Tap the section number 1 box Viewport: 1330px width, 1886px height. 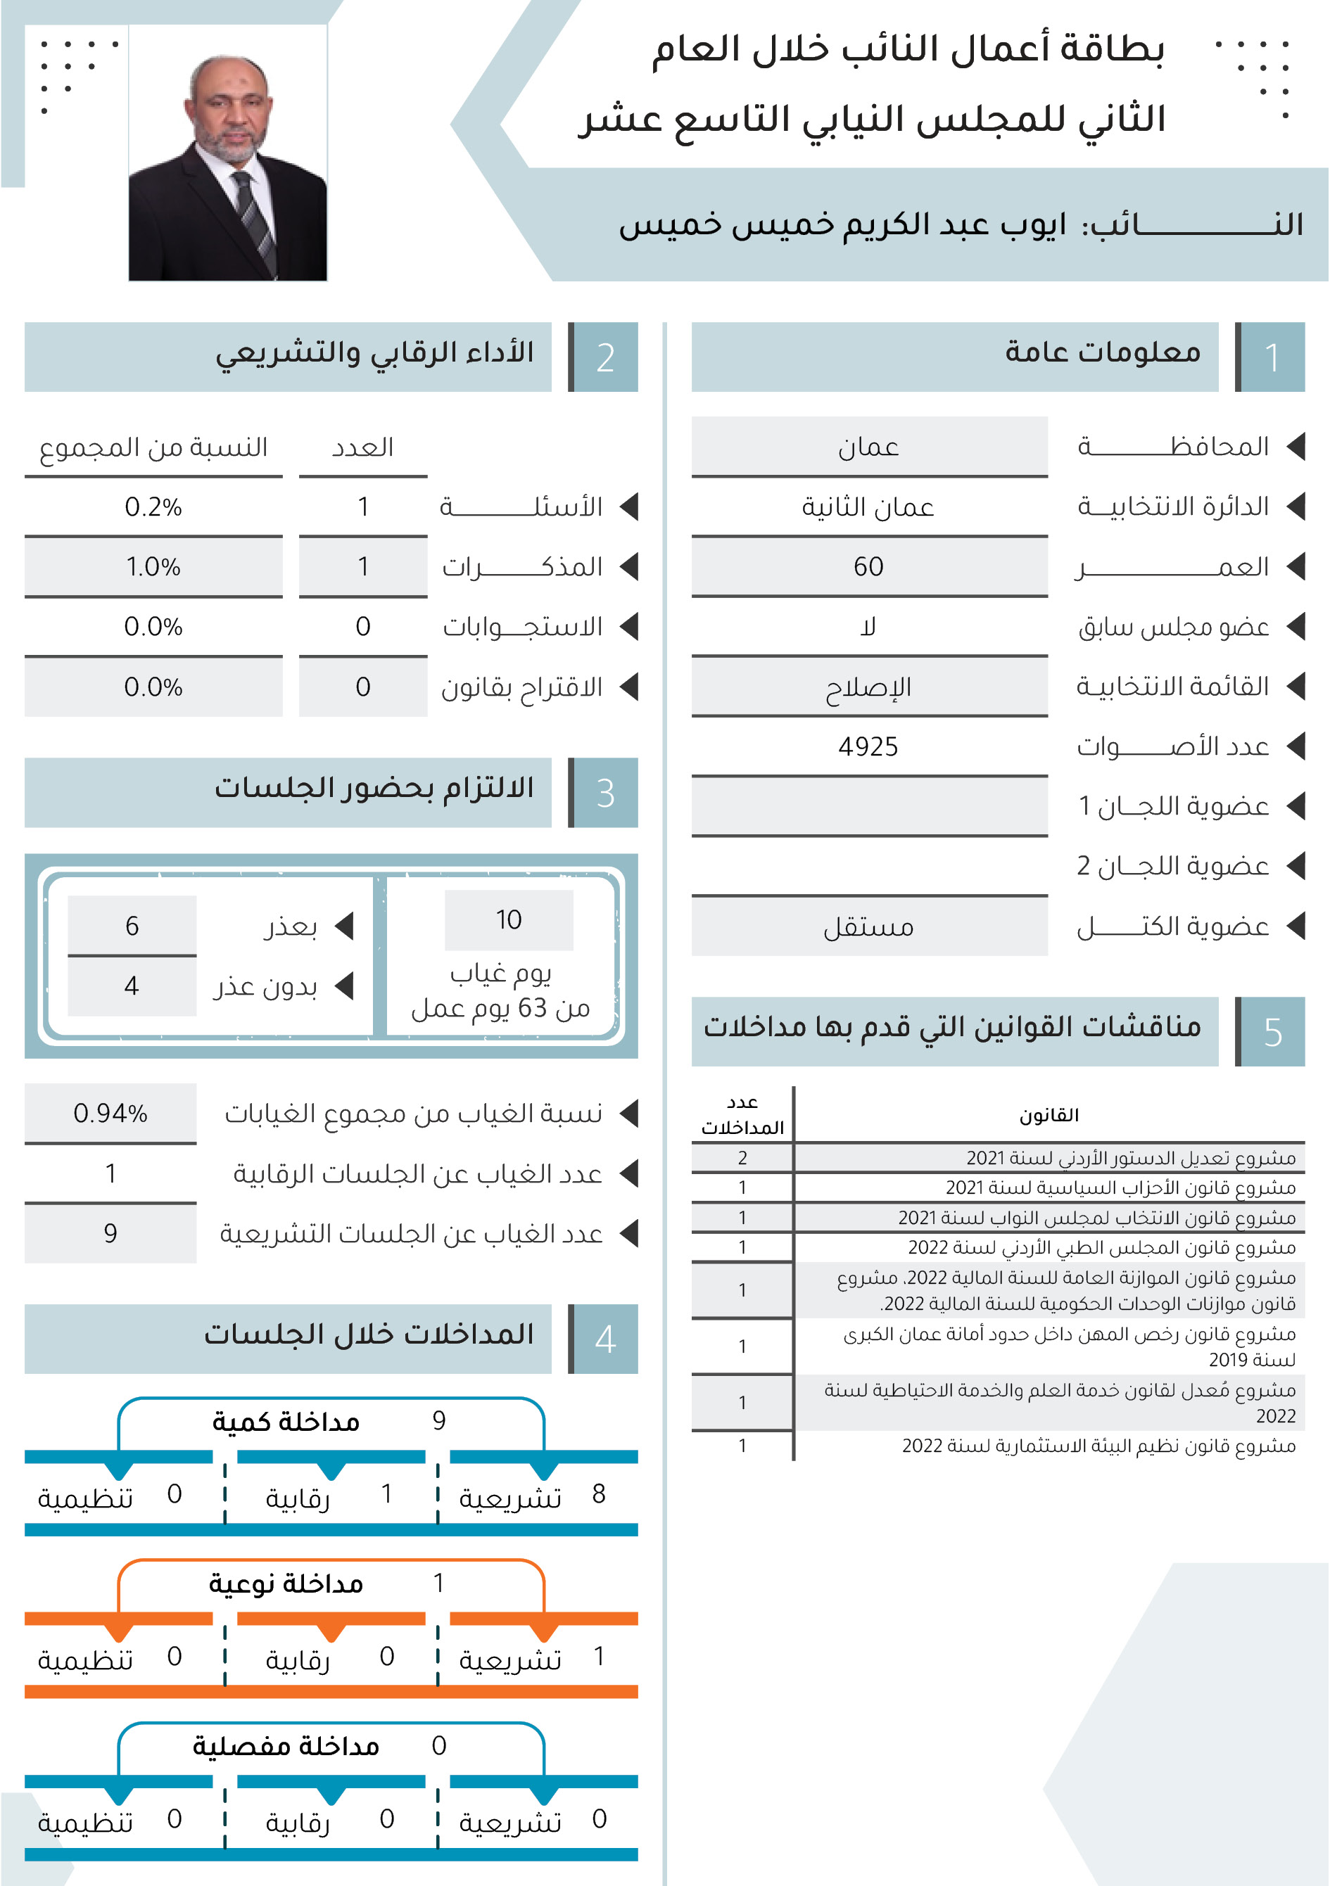tap(1271, 357)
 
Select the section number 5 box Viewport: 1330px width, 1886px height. tap(1271, 1032)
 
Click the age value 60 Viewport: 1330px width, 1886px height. tap(868, 567)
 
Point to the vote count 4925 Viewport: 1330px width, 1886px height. tap(868, 746)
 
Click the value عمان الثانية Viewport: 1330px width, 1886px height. tap(868, 506)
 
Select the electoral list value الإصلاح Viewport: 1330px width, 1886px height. tap(868, 687)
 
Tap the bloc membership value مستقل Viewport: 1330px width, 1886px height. tap(868, 926)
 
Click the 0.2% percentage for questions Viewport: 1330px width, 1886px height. tap(153, 506)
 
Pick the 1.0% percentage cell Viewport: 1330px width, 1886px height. tap(153, 567)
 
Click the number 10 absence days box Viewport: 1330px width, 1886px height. tap(509, 920)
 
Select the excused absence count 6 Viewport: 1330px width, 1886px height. tap(132, 926)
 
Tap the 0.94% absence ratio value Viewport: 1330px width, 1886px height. tap(110, 1113)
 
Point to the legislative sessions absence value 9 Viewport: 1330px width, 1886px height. tap(110, 1233)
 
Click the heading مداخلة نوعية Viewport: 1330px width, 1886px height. tap(286, 1583)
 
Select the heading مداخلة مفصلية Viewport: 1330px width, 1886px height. tap(286, 1745)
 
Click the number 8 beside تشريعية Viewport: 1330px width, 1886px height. tap(599, 1493)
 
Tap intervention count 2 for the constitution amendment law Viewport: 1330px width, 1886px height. tap(742, 1158)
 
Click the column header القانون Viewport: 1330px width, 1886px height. tap(1049, 1116)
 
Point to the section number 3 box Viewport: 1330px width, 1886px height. tap(605, 793)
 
